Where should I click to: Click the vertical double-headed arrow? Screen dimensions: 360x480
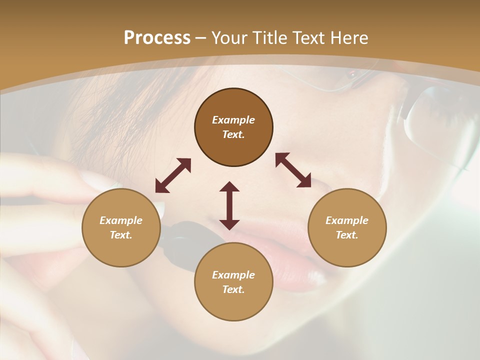[x=229, y=205]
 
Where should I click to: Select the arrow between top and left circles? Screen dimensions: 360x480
[x=173, y=175]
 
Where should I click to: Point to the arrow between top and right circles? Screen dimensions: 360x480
[x=293, y=170]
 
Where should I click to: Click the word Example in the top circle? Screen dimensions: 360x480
[x=233, y=120]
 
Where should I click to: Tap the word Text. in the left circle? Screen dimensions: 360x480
[x=121, y=235]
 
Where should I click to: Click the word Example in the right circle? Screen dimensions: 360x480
[x=347, y=220]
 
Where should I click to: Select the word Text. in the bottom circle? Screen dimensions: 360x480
[x=233, y=289]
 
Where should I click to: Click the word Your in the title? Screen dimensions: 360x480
[x=229, y=38]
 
